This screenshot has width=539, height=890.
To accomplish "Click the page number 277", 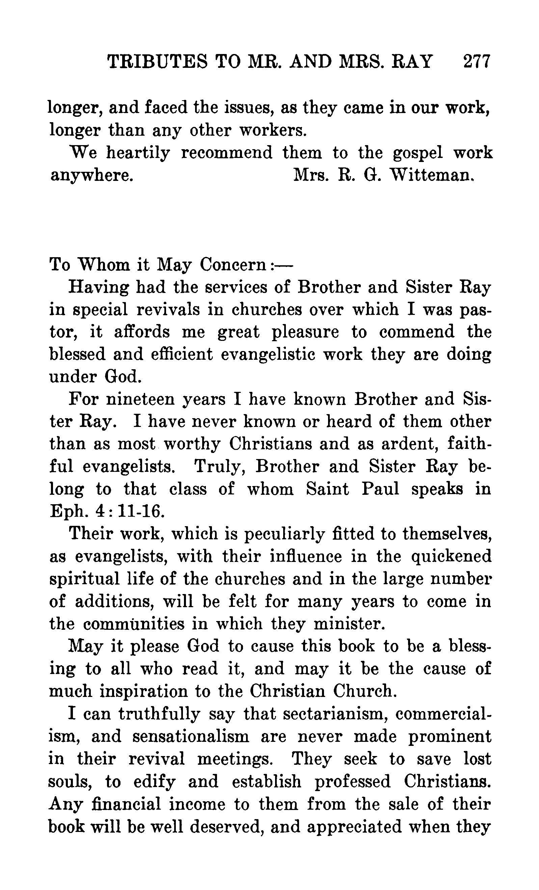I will (x=477, y=61).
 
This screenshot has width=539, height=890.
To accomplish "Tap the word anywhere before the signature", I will (x=90, y=176).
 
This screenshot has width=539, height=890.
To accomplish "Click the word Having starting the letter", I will (x=99, y=288).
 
